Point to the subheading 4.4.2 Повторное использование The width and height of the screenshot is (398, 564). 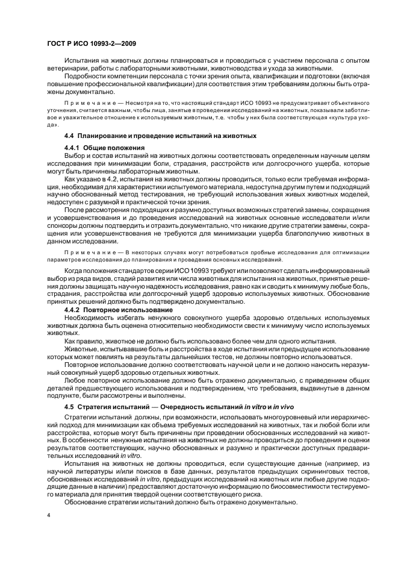(119, 310)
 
